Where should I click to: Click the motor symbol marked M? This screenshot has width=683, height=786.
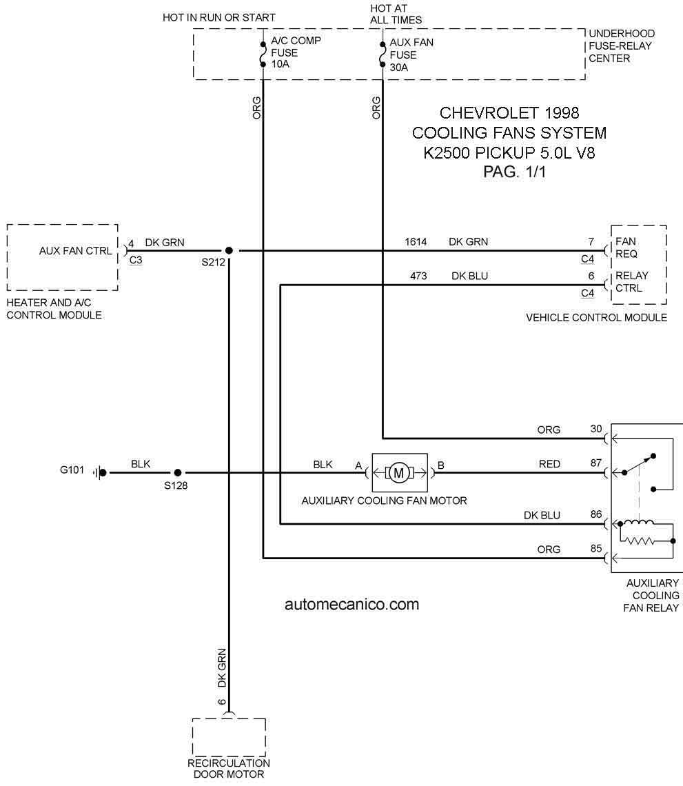coord(399,473)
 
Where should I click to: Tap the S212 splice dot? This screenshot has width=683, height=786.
coord(229,250)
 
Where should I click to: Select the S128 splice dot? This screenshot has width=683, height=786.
coord(177,472)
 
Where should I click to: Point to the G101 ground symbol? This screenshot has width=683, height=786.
coord(100,472)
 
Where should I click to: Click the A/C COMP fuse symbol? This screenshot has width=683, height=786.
coord(263,54)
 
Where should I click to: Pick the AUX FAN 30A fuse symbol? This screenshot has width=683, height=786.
coord(383,54)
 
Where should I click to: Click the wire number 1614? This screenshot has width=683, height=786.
coord(416,241)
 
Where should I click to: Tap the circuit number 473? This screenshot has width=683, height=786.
coord(418,276)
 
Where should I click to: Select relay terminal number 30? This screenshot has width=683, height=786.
coord(595,429)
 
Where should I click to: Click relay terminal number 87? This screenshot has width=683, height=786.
coord(595,463)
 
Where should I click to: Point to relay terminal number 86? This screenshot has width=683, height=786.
coord(595,514)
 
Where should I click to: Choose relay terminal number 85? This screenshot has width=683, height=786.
coord(595,548)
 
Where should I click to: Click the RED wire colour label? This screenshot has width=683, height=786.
coord(549,464)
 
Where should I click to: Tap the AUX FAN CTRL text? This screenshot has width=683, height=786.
coord(76,251)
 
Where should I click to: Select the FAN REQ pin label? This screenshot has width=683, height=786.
coord(626,248)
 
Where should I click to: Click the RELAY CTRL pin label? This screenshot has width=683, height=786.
coord(631,282)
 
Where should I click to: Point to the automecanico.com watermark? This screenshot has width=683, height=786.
coord(351,604)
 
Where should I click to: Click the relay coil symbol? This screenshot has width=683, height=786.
coord(638,523)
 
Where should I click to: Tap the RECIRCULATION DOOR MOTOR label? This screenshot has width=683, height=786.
coord(229,769)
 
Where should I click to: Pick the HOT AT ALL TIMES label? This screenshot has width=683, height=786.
coord(396,14)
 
